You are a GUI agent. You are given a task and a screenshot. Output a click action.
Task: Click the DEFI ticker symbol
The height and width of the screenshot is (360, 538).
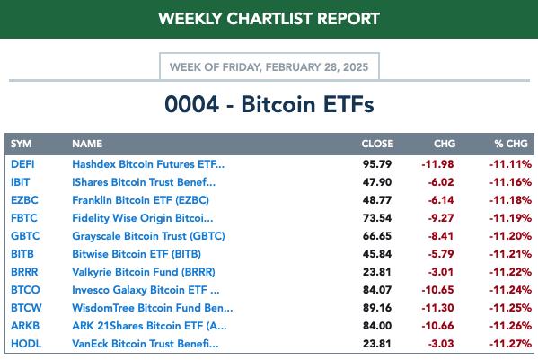pos(22,164)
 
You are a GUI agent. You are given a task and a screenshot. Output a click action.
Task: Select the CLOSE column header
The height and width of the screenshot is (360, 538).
pos(377,144)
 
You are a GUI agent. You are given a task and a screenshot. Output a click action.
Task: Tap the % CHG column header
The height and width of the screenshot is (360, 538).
pos(511,144)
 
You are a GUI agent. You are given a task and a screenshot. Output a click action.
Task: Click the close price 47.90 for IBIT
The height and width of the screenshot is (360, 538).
pos(377,182)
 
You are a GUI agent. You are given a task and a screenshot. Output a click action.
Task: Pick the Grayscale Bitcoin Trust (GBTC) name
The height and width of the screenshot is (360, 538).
pos(148,236)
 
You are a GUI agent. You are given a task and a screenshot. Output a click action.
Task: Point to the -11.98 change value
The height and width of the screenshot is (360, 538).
pos(437,164)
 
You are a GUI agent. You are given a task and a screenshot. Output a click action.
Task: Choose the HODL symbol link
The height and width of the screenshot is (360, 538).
pos(26,344)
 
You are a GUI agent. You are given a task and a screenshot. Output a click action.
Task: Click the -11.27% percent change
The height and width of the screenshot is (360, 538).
pos(510,344)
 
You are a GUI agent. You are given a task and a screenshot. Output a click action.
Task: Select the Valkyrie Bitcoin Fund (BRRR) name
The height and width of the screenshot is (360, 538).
pos(144,272)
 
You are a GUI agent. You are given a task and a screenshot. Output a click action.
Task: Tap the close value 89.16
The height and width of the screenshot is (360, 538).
pos(377,308)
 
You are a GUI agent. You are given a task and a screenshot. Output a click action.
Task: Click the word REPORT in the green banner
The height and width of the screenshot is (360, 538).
pos(348,19)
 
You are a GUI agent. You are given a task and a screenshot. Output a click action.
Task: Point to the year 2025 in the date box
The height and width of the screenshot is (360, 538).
pos(356,66)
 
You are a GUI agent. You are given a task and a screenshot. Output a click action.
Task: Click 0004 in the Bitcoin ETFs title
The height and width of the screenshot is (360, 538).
pos(191,104)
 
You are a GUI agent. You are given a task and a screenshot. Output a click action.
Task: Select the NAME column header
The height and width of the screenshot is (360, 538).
pos(87,144)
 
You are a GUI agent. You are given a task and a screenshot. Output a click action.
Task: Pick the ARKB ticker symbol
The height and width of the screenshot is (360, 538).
pos(25,326)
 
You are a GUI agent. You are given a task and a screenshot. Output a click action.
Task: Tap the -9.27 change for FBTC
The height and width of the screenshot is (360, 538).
pos(441,218)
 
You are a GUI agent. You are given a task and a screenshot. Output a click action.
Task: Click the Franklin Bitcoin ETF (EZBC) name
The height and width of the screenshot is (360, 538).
pos(141,200)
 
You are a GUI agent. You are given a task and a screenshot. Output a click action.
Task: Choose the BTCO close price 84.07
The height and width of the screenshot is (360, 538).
pos(377,290)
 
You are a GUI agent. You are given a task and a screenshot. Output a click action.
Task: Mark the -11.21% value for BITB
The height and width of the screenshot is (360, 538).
pos(510,254)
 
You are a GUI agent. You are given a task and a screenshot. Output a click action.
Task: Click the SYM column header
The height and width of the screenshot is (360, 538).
pos(21,144)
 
